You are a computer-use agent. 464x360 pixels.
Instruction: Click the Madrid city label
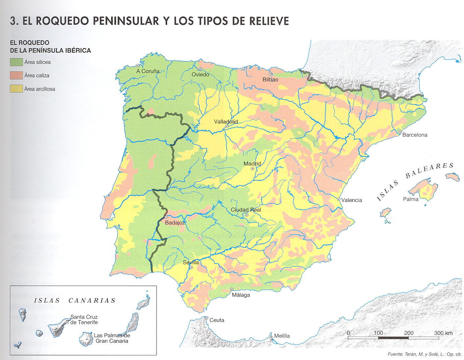(252, 164)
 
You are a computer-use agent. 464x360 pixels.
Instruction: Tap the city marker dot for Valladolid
(227, 126)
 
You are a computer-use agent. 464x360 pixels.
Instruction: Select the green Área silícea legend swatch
(16, 62)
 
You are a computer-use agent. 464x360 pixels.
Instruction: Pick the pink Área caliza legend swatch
(16, 75)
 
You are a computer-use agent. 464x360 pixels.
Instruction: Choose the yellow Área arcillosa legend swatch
(16, 89)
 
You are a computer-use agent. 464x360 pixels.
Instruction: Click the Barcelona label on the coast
(415, 135)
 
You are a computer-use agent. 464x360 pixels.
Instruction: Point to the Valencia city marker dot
(339, 199)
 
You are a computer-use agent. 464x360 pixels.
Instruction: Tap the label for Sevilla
(191, 262)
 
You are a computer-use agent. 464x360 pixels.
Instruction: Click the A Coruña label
(148, 71)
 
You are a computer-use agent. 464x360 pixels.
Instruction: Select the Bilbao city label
(270, 80)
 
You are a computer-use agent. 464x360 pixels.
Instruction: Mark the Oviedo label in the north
(200, 75)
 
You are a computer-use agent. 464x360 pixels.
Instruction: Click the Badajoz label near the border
(175, 223)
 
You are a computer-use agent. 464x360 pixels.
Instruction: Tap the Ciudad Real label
(246, 210)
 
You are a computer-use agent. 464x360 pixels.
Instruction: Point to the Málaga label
(241, 295)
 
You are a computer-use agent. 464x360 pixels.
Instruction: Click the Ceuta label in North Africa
(217, 320)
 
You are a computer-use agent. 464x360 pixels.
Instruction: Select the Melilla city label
(282, 336)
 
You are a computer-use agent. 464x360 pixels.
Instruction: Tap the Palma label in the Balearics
(410, 199)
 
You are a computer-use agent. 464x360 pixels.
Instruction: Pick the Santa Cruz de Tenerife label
(84, 320)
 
